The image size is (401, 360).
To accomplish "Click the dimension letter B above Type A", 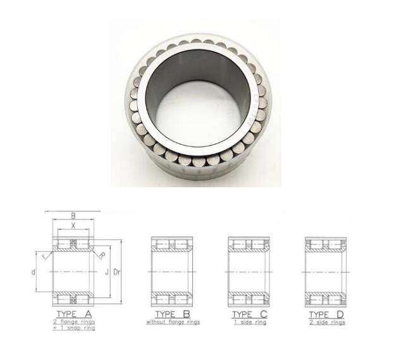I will pyautogui.click(x=73, y=216).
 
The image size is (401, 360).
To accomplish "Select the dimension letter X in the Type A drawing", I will pyautogui.click(x=73, y=225).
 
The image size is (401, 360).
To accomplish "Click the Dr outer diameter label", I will pyautogui.click(x=116, y=272).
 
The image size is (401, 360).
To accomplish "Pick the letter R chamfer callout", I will pyautogui.click(x=101, y=255).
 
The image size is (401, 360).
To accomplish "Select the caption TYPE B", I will pyautogui.click(x=173, y=314).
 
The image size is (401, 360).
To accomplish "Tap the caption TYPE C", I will pyautogui.click(x=249, y=314).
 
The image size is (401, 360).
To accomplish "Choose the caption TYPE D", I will pyautogui.click(x=326, y=314).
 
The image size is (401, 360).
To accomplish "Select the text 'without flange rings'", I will pyautogui.click(x=173, y=322).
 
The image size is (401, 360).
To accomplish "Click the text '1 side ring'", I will pyautogui.click(x=249, y=322).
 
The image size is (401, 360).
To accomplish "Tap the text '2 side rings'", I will pyautogui.click(x=326, y=322).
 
